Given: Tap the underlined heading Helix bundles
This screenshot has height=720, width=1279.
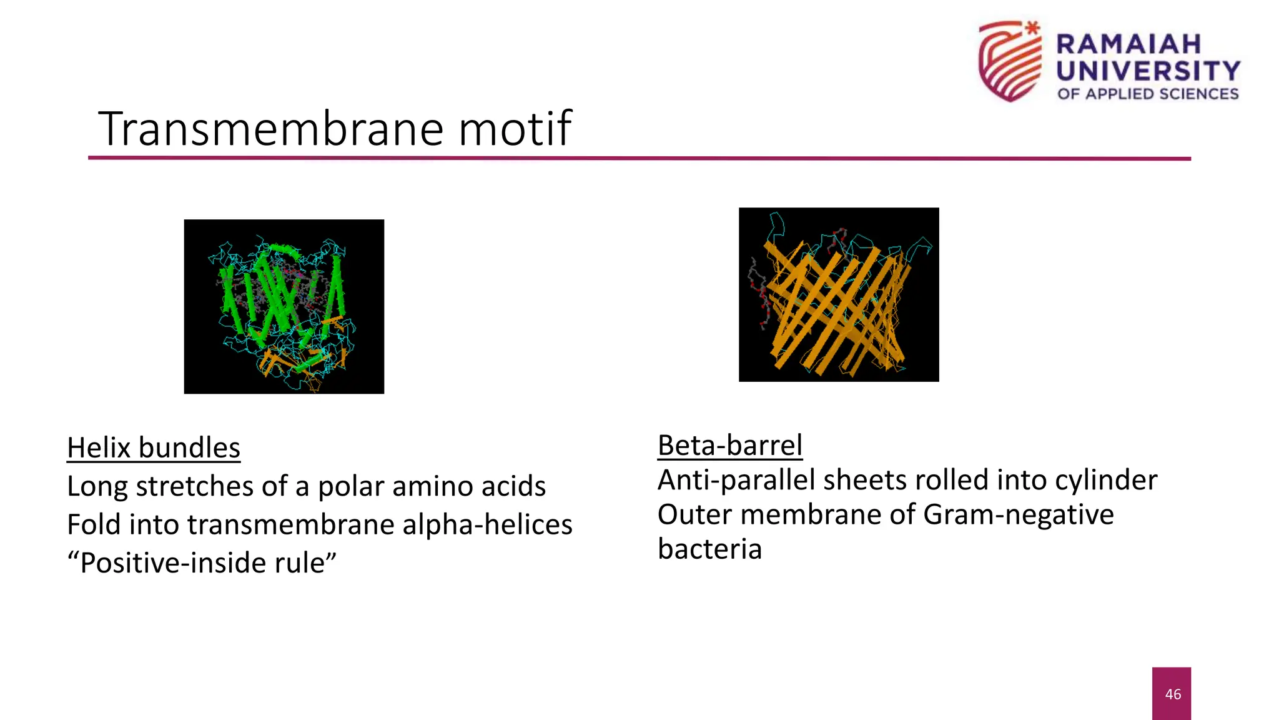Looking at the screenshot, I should [154, 448].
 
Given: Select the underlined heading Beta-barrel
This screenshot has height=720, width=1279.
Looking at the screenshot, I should [729, 446].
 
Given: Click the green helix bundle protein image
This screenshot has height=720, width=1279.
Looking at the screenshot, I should [284, 306].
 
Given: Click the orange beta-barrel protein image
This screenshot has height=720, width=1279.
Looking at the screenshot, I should [838, 294].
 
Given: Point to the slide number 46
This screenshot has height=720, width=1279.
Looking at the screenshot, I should [1172, 694].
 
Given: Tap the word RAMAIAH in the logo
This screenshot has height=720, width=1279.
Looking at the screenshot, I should [1128, 44].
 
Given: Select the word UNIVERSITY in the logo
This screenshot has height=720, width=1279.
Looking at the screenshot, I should [1148, 71].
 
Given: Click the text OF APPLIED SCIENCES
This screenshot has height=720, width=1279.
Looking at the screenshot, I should [1148, 94].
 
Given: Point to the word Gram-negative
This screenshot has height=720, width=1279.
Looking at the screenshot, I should [1018, 515].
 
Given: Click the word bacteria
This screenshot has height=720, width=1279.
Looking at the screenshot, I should [709, 549].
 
